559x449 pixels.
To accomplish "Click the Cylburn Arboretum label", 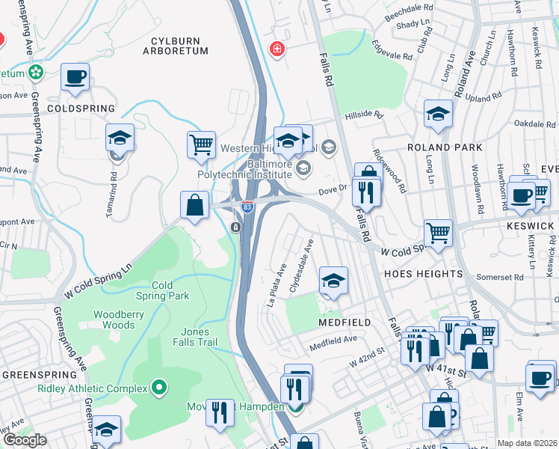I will (x=177, y=44).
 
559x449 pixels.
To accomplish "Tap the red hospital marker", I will (x=278, y=49).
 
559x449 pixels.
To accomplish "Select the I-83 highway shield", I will (x=246, y=206).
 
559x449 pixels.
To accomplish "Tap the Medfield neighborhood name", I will (x=345, y=323).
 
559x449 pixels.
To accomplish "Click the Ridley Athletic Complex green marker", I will (x=158, y=387).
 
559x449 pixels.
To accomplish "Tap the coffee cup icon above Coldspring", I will (x=75, y=76).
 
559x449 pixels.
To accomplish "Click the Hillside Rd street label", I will (x=363, y=115).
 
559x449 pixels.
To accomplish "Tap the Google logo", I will (x=25, y=439).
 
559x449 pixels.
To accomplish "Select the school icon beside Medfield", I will (x=333, y=281).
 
